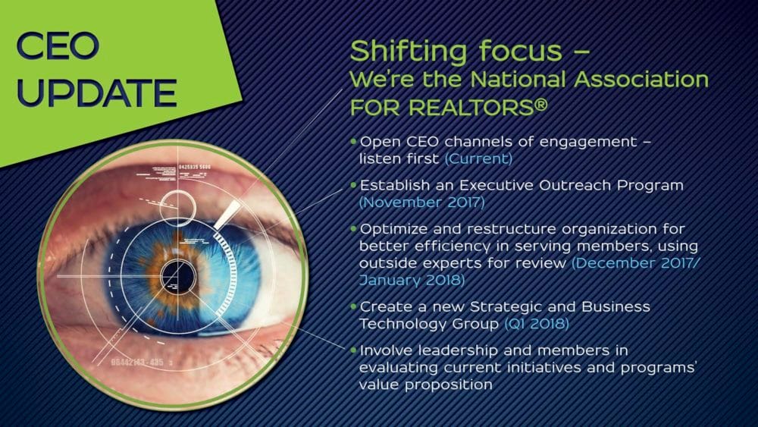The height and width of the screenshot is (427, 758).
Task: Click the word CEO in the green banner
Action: pos(58,46)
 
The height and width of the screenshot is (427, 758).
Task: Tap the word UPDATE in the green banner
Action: pos(97,93)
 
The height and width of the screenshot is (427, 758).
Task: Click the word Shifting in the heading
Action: pos(409,51)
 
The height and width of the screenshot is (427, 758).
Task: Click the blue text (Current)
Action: pos(478,159)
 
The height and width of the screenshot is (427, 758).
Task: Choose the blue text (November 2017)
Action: pos(421,203)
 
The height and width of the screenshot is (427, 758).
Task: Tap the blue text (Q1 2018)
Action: pos(536,323)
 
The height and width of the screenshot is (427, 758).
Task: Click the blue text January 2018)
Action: pos(412,280)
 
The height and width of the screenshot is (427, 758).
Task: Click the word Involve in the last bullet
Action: pos(387,350)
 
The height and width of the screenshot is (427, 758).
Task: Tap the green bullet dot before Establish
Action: pos(353,185)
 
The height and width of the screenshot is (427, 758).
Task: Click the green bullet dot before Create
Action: pos(353,306)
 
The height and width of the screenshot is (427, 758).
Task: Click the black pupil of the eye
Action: pos(178,277)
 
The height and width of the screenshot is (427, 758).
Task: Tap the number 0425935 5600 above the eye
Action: pos(195,168)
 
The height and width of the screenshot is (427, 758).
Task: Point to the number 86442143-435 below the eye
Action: pos(137,363)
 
